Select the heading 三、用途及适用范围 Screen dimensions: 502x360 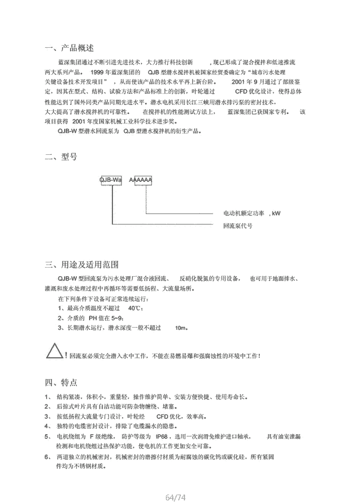click(82, 265)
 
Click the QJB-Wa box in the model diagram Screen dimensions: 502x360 click(111, 180)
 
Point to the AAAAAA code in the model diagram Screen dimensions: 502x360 click(141, 180)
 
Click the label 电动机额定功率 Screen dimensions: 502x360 click(243, 214)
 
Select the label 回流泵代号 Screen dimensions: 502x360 click(238, 225)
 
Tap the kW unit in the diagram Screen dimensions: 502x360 click(275, 214)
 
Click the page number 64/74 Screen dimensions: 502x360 click(176, 497)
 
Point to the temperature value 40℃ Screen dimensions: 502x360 click(135, 308)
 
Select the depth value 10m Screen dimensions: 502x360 click(181, 328)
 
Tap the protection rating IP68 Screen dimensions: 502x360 click(163, 436)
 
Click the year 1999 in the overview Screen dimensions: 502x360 click(100, 71)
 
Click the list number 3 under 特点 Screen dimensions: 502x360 click(47, 417)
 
